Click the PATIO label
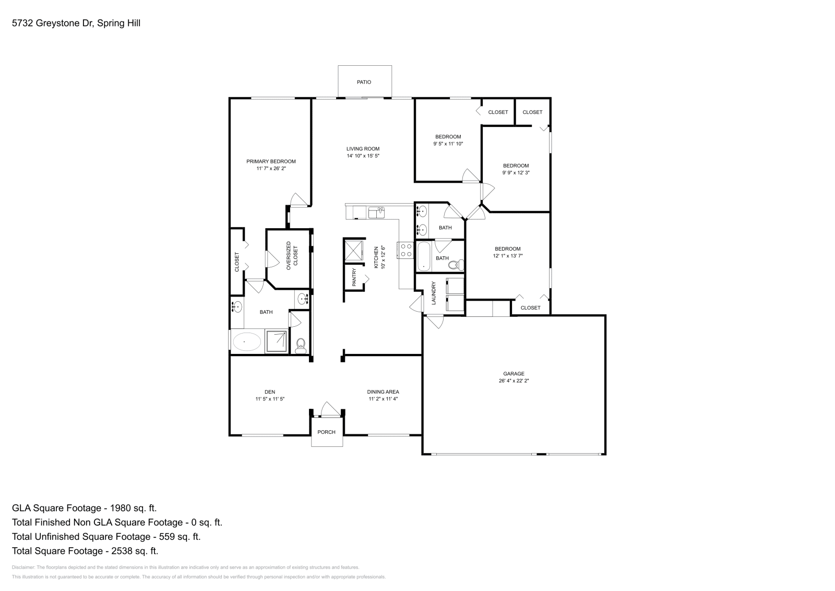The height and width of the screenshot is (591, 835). (364, 82)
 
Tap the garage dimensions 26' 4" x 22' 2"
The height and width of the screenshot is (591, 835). (514, 381)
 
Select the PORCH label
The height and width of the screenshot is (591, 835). (327, 432)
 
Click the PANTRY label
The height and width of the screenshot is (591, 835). (354, 277)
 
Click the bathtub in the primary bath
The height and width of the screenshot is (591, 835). (246, 342)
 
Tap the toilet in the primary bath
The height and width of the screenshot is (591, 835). (300, 345)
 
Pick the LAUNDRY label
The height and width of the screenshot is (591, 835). (433, 293)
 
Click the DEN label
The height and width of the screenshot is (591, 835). (270, 392)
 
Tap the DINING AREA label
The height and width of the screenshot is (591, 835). (383, 392)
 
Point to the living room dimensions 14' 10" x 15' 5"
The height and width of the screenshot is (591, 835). (363, 156)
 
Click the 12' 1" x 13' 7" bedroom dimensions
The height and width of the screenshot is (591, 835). (507, 256)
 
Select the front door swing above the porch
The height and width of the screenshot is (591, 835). (329, 410)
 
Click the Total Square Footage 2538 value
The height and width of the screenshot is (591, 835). (132, 551)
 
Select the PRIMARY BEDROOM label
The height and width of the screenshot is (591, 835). (271, 161)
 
